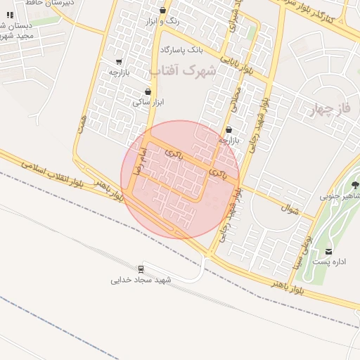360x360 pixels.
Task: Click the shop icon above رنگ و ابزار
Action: pos(163,10)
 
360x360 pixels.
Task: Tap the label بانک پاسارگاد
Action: pos(181,51)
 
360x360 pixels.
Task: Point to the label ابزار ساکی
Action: pos(148,102)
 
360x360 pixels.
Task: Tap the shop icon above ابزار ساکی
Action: pos(148,91)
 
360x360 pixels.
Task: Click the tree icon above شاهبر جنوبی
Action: pos(354,185)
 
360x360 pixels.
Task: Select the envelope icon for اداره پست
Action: pos(328,252)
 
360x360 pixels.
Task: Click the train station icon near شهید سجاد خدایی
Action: pos(141,269)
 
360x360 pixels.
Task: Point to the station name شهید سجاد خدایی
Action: pos(141,279)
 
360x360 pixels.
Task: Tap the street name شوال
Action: pos(290,209)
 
